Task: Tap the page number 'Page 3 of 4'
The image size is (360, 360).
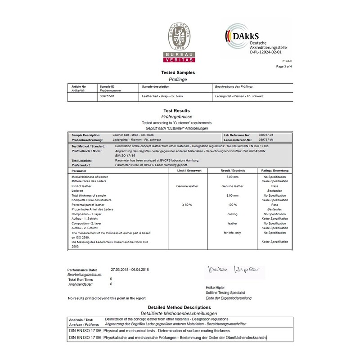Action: (284, 66)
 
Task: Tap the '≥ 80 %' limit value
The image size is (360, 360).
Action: (187, 205)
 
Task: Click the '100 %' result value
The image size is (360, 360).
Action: (233, 205)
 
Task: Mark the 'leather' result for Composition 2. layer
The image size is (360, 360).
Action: (233, 224)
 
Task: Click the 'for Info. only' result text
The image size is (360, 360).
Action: (233, 233)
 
